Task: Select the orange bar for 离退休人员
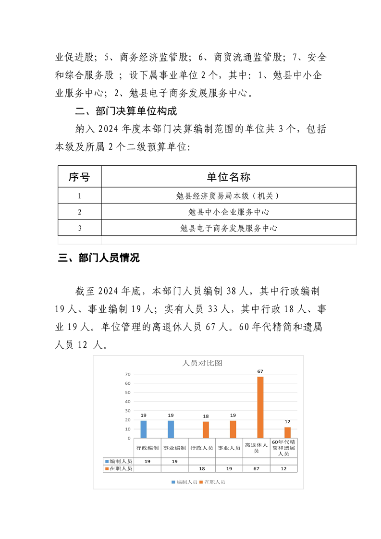pos(260,407)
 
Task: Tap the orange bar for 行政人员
pos(206,429)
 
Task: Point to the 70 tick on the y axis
pos(128,374)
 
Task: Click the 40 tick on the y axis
pos(128,402)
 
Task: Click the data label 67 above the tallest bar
pos(260,371)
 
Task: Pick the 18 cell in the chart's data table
pos(202,468)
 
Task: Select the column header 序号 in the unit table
pos(79,177)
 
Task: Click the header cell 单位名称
pos(229,177)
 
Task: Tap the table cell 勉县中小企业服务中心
pos(229,212)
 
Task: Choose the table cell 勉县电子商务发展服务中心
pos(229,228)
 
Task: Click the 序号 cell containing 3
pos(79,228)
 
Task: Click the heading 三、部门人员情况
pos(98,258)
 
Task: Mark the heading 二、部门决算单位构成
pos(126,111)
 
